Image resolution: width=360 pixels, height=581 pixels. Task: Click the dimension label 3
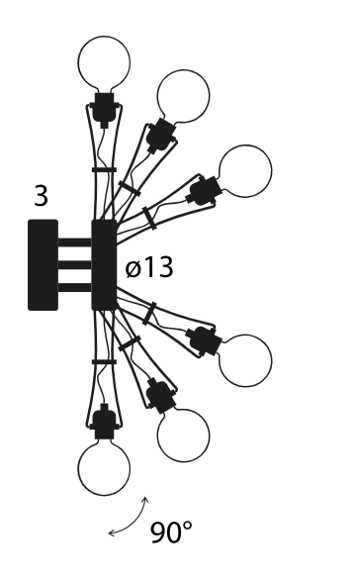42,196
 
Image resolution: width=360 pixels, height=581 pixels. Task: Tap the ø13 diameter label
149,267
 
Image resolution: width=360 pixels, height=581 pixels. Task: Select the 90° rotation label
171,533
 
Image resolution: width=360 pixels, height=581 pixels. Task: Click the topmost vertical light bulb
104,62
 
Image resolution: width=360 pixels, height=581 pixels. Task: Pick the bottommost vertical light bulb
104,469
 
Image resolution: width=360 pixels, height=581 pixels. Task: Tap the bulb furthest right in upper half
245,171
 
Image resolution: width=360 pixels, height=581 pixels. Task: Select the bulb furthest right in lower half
245,360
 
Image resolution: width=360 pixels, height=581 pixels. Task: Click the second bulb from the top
183,96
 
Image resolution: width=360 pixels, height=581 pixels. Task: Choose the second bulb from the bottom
183,436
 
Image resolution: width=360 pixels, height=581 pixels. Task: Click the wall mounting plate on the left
43,265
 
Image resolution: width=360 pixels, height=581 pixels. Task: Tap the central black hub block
104,265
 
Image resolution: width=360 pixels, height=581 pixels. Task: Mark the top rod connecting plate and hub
74,242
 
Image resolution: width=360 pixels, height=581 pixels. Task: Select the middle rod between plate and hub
74,265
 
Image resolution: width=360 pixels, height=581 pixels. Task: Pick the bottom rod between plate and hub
74,288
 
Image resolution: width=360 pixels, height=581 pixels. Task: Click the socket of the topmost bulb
104,108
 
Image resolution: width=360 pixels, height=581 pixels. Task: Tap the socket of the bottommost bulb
104,423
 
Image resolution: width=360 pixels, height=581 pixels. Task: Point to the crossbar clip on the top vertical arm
104,169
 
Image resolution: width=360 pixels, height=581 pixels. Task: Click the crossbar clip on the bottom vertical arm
104,361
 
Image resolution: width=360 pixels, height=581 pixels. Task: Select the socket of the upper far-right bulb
205,190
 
